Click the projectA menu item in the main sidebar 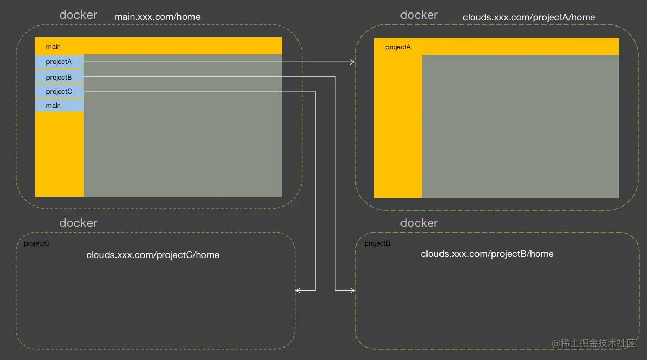[59, 62]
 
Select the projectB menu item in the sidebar [59, 78]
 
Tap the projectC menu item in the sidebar [59, 92]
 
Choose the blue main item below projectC [54, 106]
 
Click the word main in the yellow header [54, 47]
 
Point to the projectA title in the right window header [398, 47]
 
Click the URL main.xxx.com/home [157, 17]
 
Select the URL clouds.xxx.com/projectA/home [529, 17]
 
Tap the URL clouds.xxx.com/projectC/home [153, 255]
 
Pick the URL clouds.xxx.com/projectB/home [487, 254]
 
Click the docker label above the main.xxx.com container [78, 15]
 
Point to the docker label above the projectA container [419, 15]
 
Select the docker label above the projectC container [78, 223]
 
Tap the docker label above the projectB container [419, 223]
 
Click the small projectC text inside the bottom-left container [37, 243]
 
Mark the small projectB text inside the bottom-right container [378, 243]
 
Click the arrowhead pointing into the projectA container [352, 62]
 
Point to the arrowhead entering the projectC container [298, 290]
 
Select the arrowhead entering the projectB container [352, 290]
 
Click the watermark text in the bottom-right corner [594, 343]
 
